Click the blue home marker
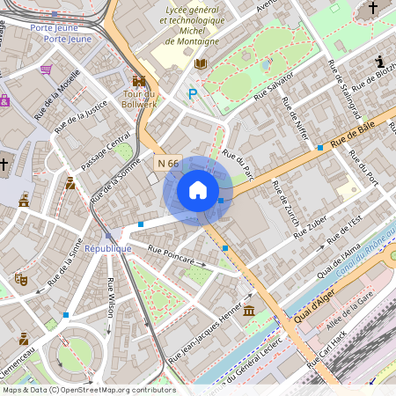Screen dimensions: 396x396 coord(198,190)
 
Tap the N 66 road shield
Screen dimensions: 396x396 coord(167,163)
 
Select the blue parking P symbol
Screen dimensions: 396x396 coord(192,93)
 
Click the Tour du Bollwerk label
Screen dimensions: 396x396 coord(139,99)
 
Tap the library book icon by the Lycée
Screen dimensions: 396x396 coord(201,64)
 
